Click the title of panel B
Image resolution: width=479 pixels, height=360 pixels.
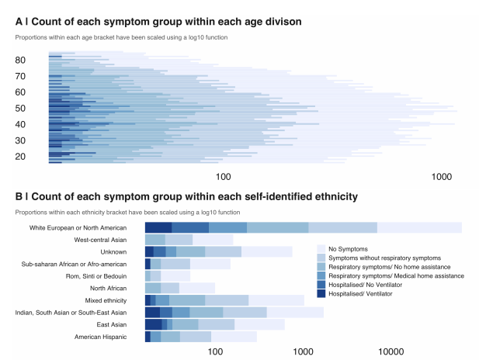tap(186, 197)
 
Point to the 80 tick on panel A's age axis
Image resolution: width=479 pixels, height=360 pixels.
tap(31, 61)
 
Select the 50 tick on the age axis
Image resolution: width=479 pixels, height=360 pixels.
tap(31, 109)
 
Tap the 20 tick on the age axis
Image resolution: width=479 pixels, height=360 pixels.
tap(31, 157)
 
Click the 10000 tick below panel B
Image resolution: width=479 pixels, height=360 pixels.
tap(390, 351)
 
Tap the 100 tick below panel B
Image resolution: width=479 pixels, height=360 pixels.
tap(216, 351)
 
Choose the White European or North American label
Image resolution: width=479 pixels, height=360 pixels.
tap(78, 227)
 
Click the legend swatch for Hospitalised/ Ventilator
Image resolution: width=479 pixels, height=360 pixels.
tap(321, 294)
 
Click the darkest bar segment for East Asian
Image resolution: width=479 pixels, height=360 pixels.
tap(154, 324)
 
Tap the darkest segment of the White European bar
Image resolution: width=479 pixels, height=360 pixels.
tap(158, 227)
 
